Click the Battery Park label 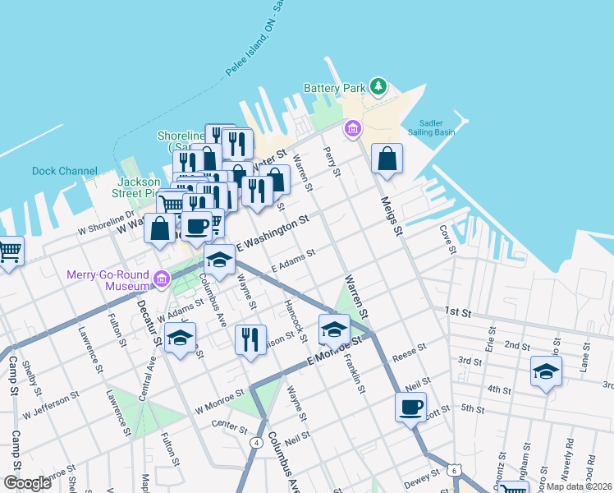click(333, 88)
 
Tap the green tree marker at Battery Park click(378, 85)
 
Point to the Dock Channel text click(65, 172)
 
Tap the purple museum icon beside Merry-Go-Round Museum click(162, 281)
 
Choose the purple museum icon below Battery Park click(353, 129)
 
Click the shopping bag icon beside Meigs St click(387, 159)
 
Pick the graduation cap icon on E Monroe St click(334, 329)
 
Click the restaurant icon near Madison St click(250, 339)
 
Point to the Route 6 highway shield click(454, 469)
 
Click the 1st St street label click(456, 312)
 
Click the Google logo click(28, 483)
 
